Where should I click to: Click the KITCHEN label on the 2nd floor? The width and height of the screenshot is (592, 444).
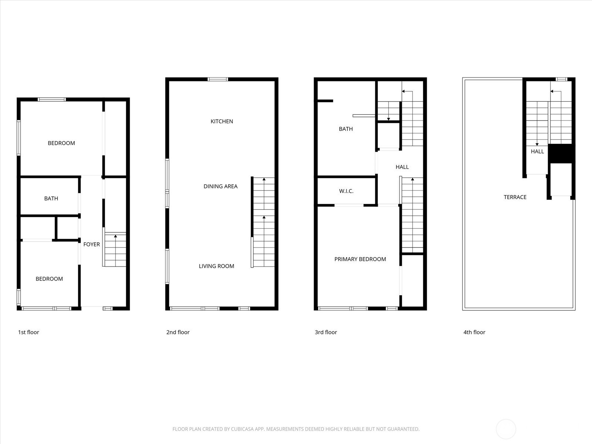pyautogui.click(x=222, y=121)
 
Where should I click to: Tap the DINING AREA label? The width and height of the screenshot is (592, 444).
pyautogui.click(x=221, y=186)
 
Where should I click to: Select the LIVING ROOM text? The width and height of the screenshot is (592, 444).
pyautogui.click(x=216, y=266)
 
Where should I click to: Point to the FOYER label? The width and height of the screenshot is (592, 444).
pyautogui.click(x=91, y=244)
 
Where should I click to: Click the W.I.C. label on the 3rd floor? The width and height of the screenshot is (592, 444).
pyautogui.click(x=346, y=191)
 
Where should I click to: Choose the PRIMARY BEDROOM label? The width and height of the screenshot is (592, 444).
pyautogui.click(x=360, y=259)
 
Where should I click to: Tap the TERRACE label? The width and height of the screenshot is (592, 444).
pyautogui.click(x=515, y=197)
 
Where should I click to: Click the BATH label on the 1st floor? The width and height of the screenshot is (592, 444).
pyautogui.click(x=51, y=198)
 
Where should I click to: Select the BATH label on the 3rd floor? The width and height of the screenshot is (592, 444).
pyautogui.click(x=346, y=129)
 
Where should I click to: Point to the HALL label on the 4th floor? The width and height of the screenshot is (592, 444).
pyautogui.click(x=537, y=151)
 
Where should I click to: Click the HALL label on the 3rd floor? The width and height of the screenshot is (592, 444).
pyautogui.click(x=402, y=167)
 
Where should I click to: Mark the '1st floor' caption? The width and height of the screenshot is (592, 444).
pyautogui.click(x=28, y=332)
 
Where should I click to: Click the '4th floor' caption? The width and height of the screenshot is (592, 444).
pyautogui.click(x=474, y=332)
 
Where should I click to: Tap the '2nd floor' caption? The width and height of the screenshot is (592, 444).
pyautogui.click(x=178, y=332)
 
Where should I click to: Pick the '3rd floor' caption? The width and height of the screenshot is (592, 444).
pyautogui.click(x=326, y=332)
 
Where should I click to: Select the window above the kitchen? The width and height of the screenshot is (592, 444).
pyautogui.click(x=218, y=79)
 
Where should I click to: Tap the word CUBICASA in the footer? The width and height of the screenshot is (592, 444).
pyautogui.click(x=242, y=429)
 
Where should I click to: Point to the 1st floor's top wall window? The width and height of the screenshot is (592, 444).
pyautogui.click(x=51, y=100)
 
